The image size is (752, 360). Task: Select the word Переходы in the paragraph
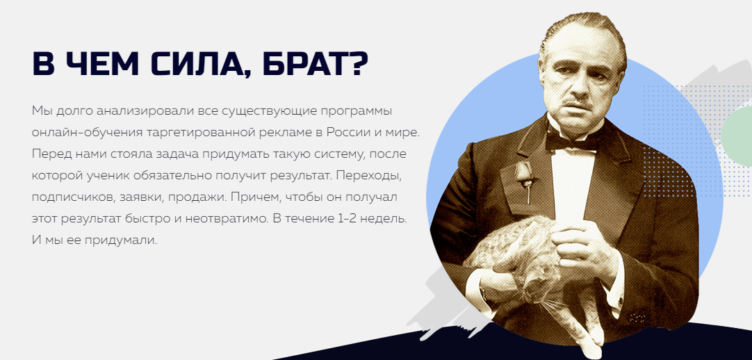coord(368,176)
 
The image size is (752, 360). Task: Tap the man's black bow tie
coord(573,141)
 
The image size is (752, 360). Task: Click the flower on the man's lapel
coord(524,173)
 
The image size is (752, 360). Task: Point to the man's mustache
coord(575,102)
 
